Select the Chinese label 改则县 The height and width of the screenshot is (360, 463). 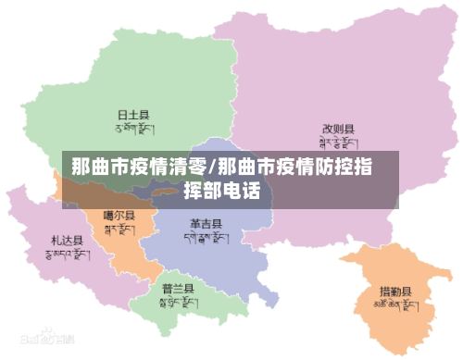pos(338,130)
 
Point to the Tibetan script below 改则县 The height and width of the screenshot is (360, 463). pos(338,143)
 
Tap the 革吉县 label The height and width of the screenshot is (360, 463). pos(205,224)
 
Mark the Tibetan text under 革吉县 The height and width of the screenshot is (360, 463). pos(205,238)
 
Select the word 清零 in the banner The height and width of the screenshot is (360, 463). pos(190,168)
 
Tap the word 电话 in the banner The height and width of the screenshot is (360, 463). pos(246,192)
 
